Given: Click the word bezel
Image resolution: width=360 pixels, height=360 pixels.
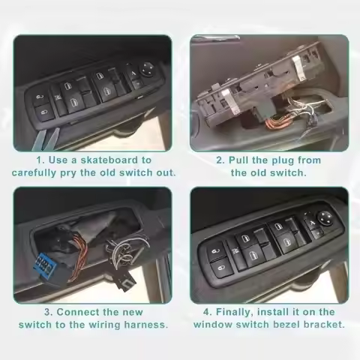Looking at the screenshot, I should pyautogui.click(x=286, y=324).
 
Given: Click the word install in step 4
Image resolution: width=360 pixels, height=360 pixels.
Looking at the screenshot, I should pyautogui.click(x=280, y=311).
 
